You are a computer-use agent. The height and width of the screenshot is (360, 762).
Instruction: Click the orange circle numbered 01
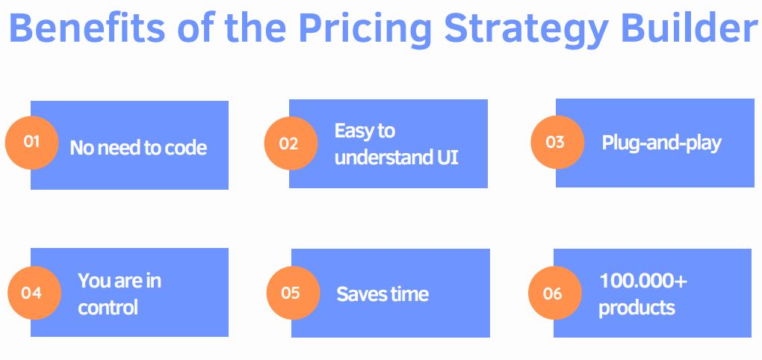coord(31,142)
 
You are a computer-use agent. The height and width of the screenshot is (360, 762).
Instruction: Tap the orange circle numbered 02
coord(290,143)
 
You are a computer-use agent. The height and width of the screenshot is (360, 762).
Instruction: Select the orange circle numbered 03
coord(557,142)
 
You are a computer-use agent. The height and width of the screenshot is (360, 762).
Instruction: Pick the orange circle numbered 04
coord(33,293)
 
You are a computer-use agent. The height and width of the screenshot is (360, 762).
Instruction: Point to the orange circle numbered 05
coord(292,293)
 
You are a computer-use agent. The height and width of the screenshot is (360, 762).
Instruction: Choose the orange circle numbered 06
coord(554,294)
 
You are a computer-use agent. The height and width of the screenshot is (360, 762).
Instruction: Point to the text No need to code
coord(138,148)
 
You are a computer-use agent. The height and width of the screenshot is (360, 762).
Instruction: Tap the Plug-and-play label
coord(661,143)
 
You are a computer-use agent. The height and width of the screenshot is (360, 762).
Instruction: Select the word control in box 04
coord(108,308)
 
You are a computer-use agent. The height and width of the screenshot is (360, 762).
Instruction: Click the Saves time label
coord(382,294)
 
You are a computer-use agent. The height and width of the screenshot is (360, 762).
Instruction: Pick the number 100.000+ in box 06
coord(643,281)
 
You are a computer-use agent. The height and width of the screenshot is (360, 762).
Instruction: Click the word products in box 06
coord(636,308)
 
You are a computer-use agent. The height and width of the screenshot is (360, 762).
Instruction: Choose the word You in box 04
coord(94,281)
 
